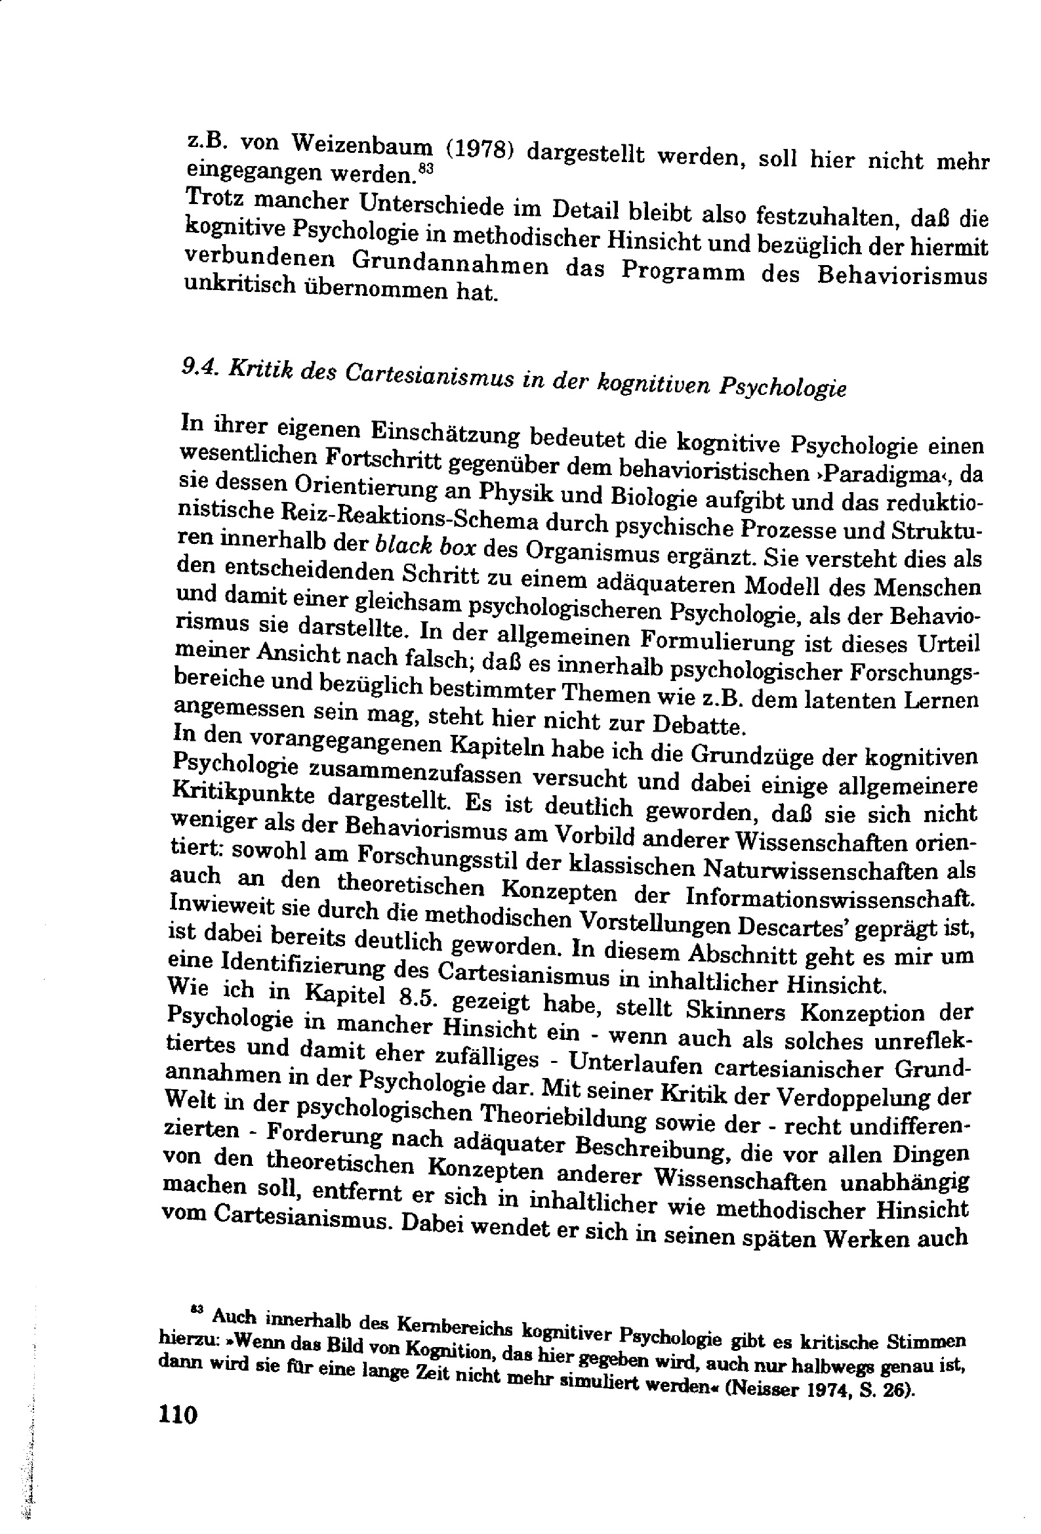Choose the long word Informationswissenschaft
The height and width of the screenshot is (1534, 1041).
click(x=830, y=897)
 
